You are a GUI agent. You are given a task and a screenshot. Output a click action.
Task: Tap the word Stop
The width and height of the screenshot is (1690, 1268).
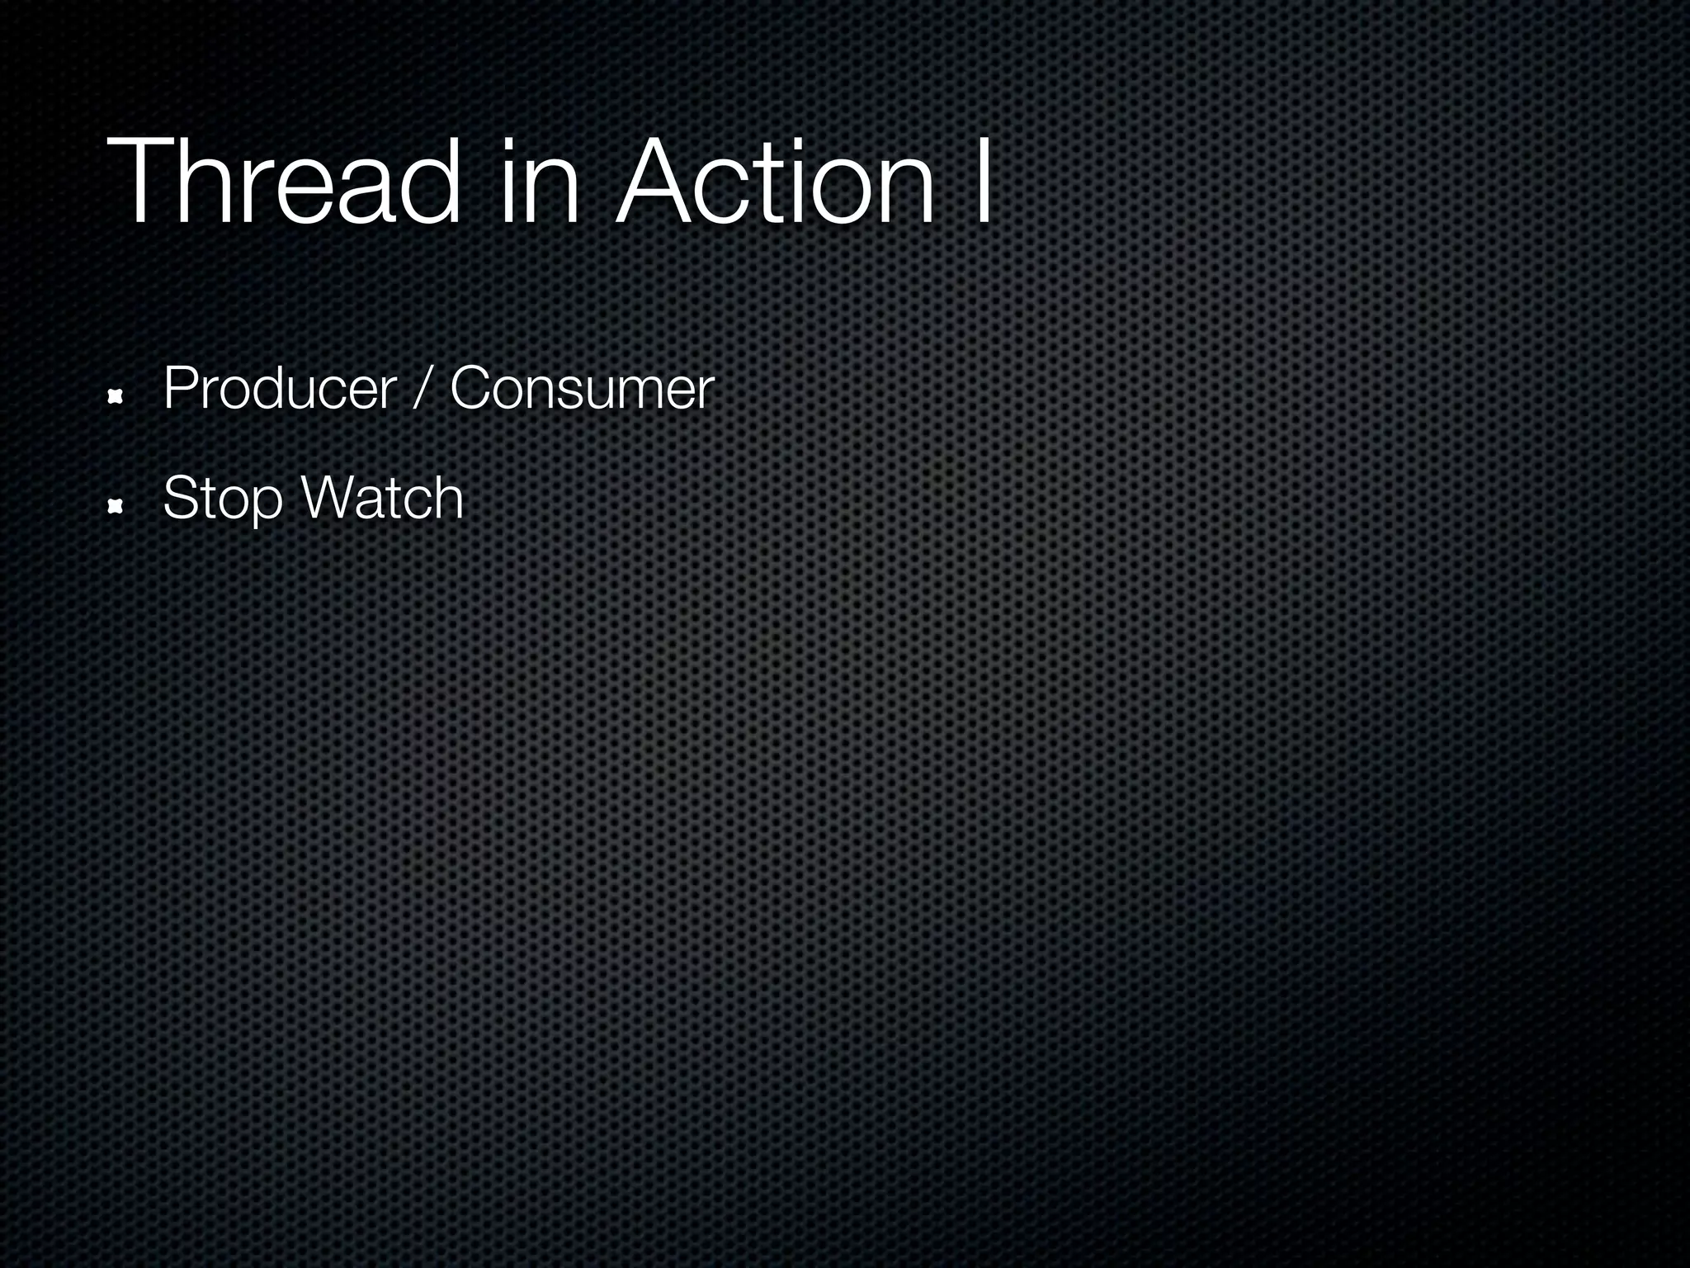tap(222, 499)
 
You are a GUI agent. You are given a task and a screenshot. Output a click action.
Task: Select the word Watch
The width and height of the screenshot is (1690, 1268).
tap(382, 499)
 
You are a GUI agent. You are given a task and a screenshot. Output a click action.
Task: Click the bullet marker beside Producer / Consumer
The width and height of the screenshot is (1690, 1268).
tap(116, 398)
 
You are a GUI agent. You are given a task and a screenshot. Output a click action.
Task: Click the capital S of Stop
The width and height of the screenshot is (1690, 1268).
tap(181, 499)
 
